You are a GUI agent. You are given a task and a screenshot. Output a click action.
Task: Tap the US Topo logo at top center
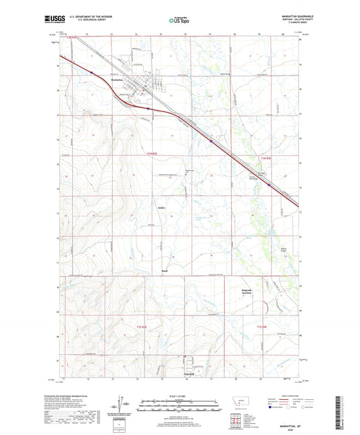[179, 20]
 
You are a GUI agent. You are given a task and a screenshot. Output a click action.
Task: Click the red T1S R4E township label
[265, 327]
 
